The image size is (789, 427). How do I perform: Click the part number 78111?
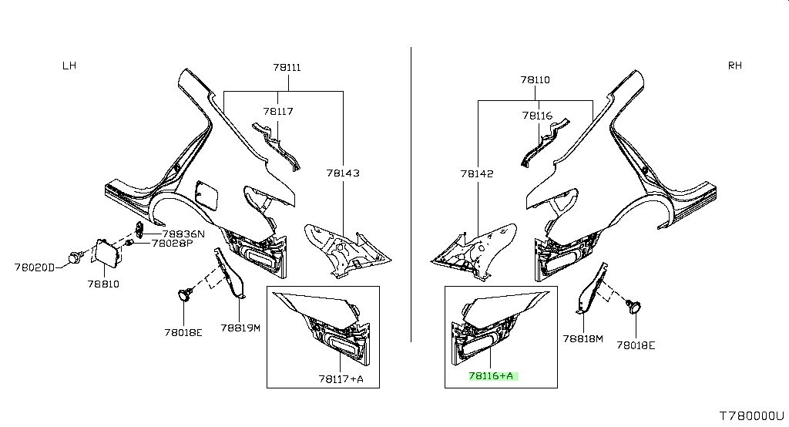point(287,67)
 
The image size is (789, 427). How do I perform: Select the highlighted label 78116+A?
point(491,375)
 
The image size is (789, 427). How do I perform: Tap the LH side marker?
point(69,66)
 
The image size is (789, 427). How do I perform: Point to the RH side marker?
point(734,65)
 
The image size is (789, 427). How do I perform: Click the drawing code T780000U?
point(752,415)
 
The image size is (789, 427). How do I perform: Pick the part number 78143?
point(343,173)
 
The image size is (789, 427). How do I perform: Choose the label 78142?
point(476,173)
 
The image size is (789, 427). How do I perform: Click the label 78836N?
point(183,234)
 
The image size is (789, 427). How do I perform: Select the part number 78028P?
point(172,244)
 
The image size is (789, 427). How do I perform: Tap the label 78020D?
point(34,267)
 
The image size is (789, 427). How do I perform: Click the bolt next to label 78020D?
point(75,257)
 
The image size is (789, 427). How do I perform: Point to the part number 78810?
point(104,284)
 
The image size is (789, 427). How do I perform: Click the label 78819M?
point(240,328)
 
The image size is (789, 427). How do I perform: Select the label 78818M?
point(583,339)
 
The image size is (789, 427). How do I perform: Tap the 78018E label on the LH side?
point(183,332)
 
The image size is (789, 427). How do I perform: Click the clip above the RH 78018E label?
point(634,305)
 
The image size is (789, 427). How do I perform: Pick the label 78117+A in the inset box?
point(341,378)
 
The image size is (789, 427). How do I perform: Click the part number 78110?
point(536,79)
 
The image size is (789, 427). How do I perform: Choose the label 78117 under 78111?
point(277,111)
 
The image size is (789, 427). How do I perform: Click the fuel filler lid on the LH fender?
point(206,192)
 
